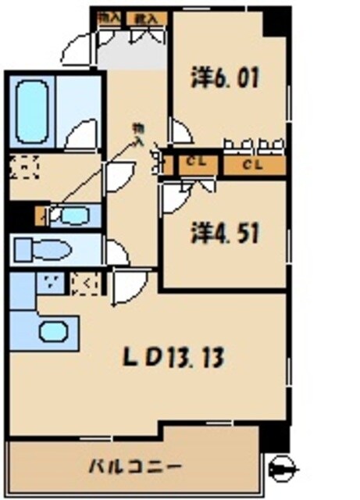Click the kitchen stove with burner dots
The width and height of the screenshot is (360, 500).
(52, 284)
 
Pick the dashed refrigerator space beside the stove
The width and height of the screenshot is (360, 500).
(81, 284)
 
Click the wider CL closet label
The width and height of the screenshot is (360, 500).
(251, 164)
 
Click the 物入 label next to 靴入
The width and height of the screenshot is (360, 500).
(110, 16)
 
